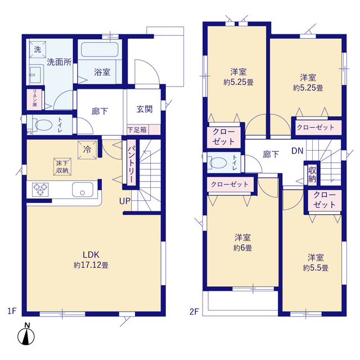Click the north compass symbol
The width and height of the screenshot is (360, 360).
coord(26,334)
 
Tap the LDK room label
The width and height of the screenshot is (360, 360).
coord(91,255)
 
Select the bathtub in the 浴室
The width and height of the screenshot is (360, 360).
coord(100,49)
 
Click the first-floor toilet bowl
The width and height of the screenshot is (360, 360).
coord(43,125)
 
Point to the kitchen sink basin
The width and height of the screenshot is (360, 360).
coord(83,190)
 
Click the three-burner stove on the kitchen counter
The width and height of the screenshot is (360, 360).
coord(40,190)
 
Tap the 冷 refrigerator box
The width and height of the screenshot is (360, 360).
coord(87,150)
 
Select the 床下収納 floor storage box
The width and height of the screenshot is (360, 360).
coord(62,166)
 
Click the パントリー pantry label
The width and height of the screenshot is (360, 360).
coord(131,164)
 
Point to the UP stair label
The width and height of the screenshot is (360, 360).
coord(125,201)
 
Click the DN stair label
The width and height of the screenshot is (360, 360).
coord(298,151)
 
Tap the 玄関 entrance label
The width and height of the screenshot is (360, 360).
coord(145,109)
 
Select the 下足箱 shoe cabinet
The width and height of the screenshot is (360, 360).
coord(144,130)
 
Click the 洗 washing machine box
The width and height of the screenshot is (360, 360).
coord(38,49)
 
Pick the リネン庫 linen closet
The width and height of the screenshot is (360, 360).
coord(34,100)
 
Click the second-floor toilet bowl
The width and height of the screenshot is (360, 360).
coord(218,163)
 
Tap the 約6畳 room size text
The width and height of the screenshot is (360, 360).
coord(242,247)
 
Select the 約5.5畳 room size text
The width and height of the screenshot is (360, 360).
coord(316,268)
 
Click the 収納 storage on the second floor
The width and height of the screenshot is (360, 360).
coord(312,174)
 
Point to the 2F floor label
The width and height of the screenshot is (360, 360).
coord(194,312)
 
